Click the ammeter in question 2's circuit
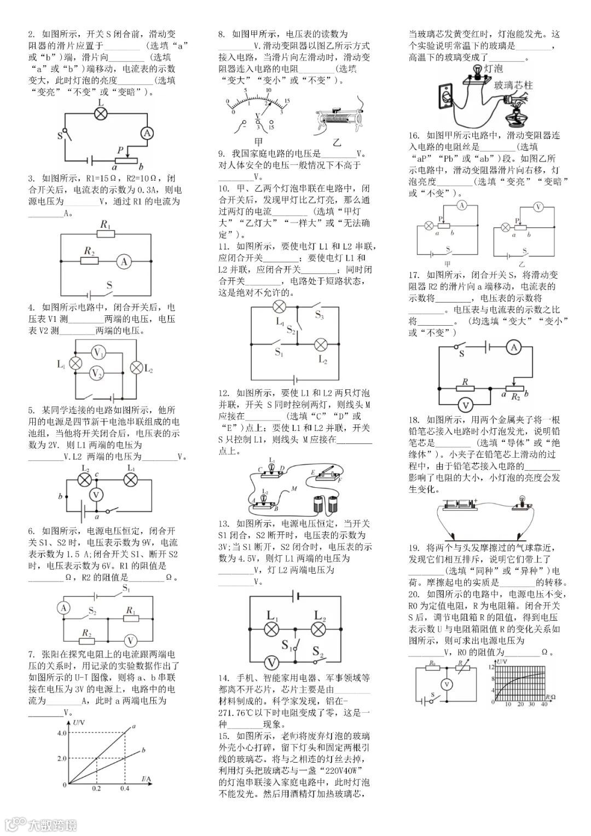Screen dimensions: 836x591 tap(146, 134)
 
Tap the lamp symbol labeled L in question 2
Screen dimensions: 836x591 tap(101, 113)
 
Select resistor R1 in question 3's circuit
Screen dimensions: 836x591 tap(106, 234)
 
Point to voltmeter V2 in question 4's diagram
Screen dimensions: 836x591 tap(97, 373)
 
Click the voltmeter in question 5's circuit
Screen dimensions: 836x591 tap(97, 494)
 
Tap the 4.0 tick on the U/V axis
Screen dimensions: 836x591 tap(61, 733)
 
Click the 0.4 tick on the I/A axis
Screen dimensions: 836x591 tap(125, 789)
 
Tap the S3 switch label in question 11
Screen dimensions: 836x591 tap(319, 315)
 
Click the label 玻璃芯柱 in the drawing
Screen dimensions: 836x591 tap(513, 86)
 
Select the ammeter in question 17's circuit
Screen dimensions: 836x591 tap(513, 347)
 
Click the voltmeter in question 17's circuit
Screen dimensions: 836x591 tap(466, 406)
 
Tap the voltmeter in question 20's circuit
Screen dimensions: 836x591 tap(447, 684)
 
